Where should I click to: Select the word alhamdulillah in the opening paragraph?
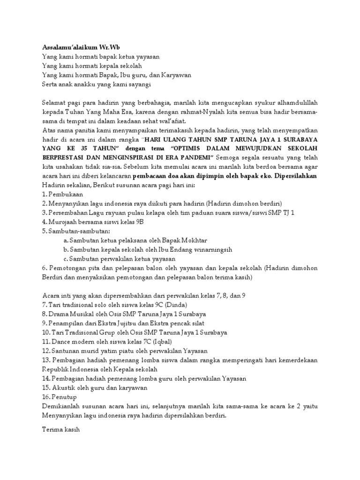point(296,102)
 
